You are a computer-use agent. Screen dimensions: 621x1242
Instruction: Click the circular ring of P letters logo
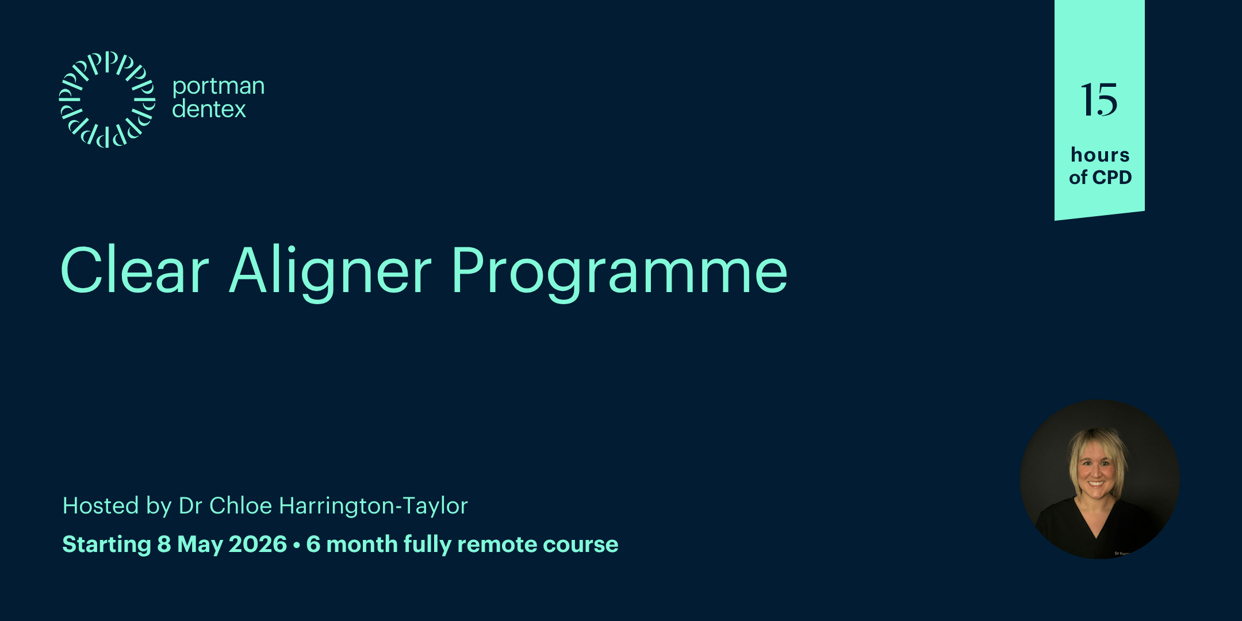pyautogui.click(x=107, y=99)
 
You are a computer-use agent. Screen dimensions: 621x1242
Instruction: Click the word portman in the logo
pyautogui.click(x=218, y=86)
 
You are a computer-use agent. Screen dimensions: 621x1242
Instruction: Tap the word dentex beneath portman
pyautogui.click(x=209, y=109)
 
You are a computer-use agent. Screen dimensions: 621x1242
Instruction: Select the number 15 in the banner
pyautogui.click(x=1099, y=100)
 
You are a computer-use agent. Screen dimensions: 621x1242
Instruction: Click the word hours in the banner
pyautogui.click(x=1100, y=155)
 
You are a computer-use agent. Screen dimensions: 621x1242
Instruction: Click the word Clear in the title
pyautogui.click(x=135, y=270)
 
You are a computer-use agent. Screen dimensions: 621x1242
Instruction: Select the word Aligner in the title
pyautogui.click(x=330, y=270)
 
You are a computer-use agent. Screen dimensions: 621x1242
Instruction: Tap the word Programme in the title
pyautogui.click(x=619, y=270)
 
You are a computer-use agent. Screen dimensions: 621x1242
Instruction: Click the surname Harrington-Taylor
pyautogui.click(x=373, y=506)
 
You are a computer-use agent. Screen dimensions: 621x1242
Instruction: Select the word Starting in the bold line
pyautogui.click(x=106, y=544)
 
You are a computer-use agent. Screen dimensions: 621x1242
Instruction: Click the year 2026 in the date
pyautogui.click(x=257, y=544)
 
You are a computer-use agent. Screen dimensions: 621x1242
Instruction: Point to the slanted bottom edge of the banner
pyautogui.click(x=1099, y=215)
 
